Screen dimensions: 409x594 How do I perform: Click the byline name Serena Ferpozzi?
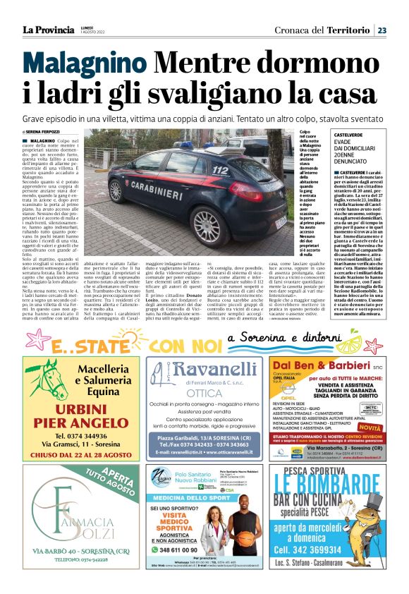coord(45,132)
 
